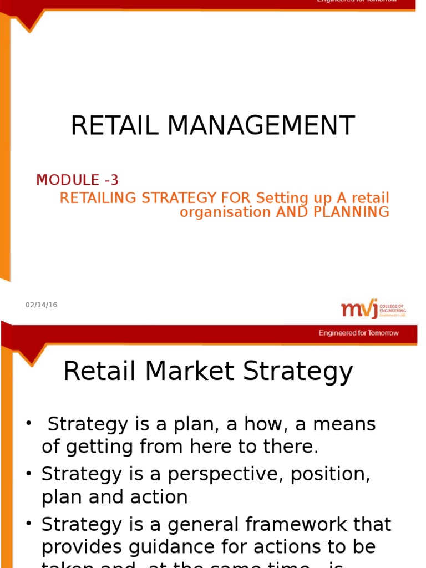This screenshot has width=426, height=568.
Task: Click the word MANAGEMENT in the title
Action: [261, 126]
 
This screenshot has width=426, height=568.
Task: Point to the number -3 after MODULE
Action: [110, 180]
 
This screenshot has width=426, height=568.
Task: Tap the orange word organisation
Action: [225, 212]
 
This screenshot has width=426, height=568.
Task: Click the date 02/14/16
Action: [41, 305]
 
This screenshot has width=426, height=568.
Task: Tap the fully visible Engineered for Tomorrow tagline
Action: [358, 333]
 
